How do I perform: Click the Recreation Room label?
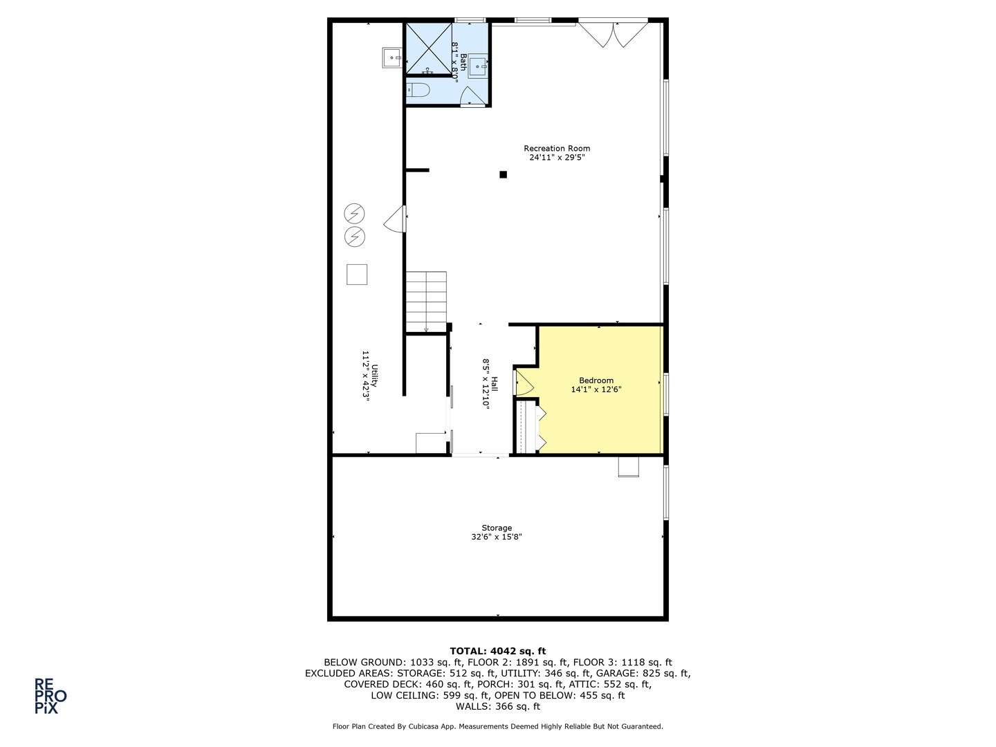tap(557, 148)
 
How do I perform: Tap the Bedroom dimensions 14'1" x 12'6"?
tap(596, 389)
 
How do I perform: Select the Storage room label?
tap(497, 528)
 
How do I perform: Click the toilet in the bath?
tap(418, 90)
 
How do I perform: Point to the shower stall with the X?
tap(429, 48)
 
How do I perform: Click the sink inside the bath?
tap(479, 67)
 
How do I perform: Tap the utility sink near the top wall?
tap(392, 58)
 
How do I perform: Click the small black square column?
tap(504, 174)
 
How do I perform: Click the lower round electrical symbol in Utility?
tap(355, 237)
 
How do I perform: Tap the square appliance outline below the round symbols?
tap(357, 275)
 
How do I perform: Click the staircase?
tap(426, 302)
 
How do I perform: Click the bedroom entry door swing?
tap(524, 382)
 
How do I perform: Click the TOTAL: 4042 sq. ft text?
tap(497, 651)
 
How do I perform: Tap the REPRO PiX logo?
tap(50, 696)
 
